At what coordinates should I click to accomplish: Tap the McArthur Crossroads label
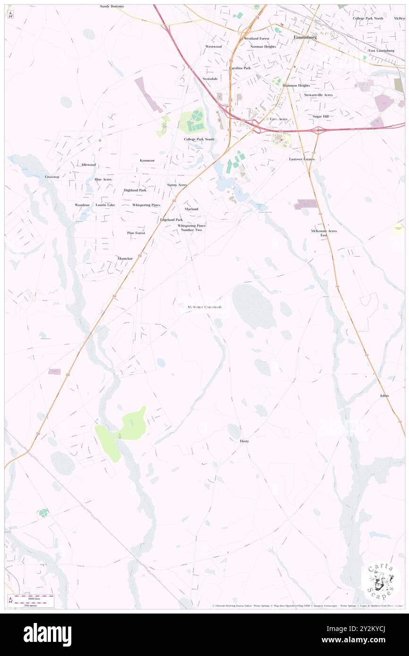coord(204,307)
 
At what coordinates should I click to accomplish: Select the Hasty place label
coord(244,441)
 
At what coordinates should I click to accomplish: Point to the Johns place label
coord(384,395)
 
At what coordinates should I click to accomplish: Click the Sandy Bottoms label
coord(112,7)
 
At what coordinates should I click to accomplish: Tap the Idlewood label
coord(88,165)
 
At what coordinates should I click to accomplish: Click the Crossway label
coord(52,177)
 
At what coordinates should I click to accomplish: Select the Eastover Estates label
coord(302,159)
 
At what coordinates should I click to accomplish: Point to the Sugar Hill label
coord(320,116)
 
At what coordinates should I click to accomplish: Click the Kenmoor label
coord(147,160)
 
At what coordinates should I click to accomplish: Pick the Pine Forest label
coord(136,233)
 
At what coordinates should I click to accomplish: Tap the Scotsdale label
coord(210,79)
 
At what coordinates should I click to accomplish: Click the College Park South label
coord(199,139)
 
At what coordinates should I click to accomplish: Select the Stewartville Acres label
coord(318,95)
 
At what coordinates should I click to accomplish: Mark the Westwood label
coord(213,47)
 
